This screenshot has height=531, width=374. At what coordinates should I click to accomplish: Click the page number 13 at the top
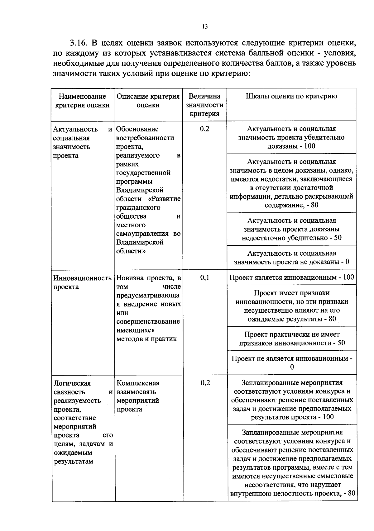point(205,26)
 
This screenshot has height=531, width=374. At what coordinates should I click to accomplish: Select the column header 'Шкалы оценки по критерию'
point(291,96)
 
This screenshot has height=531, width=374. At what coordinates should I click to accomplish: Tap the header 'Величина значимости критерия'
point(204,105)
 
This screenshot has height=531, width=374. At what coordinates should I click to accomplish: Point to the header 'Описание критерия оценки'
point(148,101)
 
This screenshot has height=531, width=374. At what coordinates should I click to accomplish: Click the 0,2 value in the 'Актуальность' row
point(205,129)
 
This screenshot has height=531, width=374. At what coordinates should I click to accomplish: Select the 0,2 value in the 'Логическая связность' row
point(205,383)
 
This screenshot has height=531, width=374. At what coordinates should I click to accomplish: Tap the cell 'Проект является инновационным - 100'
point(292,277)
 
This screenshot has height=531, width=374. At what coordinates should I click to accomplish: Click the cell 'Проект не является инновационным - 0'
point(292,363)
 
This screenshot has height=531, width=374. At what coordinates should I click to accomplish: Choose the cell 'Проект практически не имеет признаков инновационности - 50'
point(292,339)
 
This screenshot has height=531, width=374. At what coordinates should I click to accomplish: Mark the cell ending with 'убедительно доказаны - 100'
point(291,137)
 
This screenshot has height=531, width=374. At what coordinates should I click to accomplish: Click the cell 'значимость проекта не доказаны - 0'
point(291,258)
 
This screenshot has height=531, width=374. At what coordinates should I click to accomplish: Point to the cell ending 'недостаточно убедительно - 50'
point(291,229)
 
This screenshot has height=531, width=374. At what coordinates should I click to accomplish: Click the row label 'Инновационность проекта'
point(82,282)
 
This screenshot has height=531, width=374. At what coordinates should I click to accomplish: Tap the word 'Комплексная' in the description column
point(138,383)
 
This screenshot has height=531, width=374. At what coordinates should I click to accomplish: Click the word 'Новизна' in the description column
point(129,278)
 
